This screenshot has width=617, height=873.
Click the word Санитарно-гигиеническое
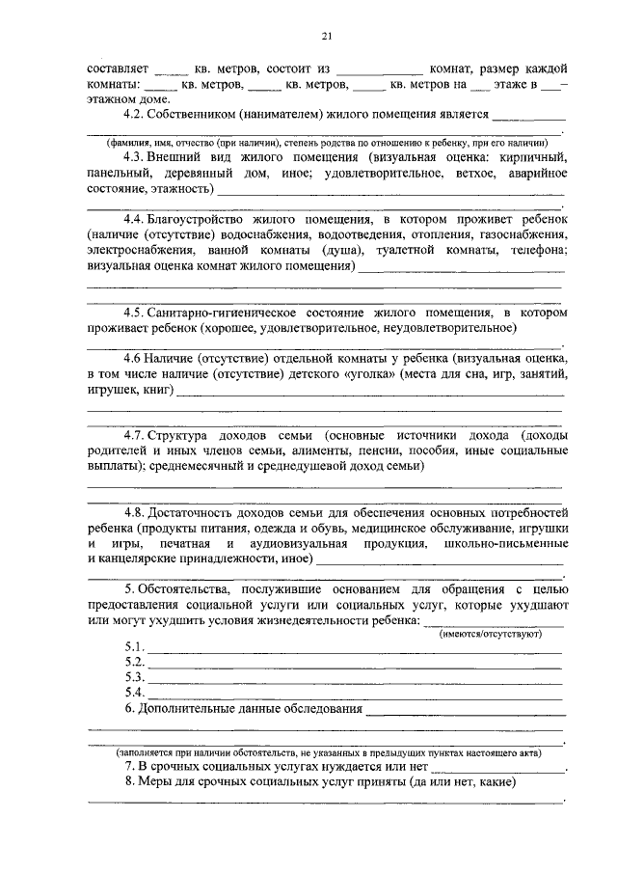(238, 313)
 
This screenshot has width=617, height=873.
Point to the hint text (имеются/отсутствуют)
(492, 633)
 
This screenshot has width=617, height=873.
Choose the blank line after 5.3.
(354, 680)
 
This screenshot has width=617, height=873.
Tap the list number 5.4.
(134, 694)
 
